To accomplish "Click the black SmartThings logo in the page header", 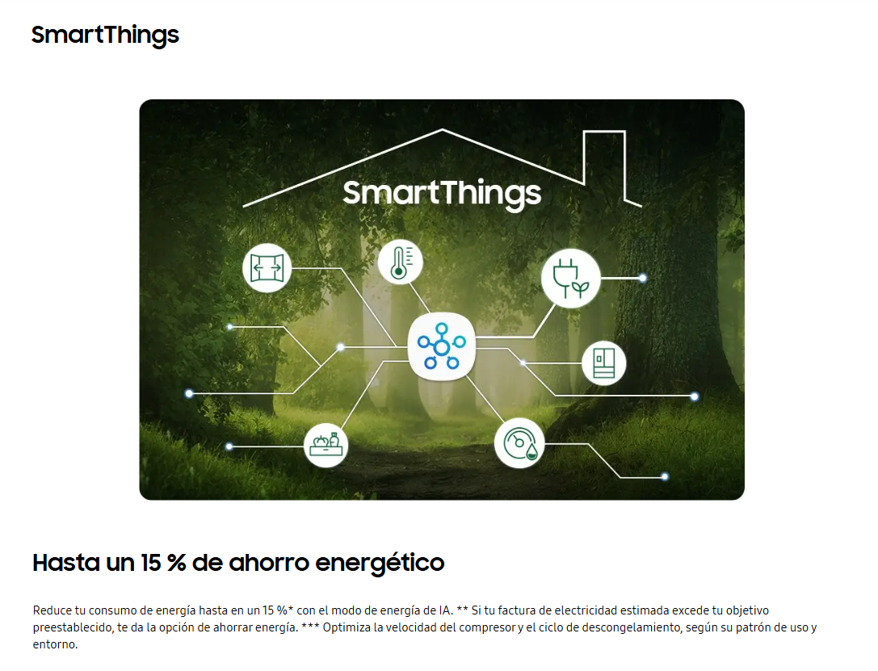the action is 105,36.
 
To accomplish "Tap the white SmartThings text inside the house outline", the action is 442,194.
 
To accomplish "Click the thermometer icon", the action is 400,262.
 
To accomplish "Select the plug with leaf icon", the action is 570,278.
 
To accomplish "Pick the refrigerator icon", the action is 603,363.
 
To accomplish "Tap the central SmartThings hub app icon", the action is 441,346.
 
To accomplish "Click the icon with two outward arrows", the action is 267,268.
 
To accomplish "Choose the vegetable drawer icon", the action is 326,446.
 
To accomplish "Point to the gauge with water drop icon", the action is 519,443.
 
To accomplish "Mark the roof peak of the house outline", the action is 443,130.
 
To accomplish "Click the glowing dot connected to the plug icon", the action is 643,278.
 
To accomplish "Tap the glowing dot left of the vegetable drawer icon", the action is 229,447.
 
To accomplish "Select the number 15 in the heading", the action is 150,563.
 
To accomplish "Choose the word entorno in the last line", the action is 56,644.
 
